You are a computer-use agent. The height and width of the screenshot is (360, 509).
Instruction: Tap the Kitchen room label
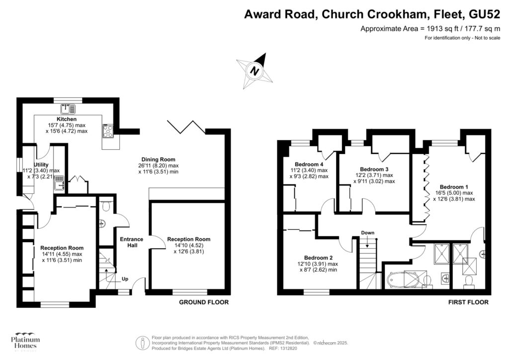click(x=67, y=119)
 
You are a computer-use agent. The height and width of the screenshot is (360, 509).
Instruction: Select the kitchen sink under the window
click(x=68, y=109)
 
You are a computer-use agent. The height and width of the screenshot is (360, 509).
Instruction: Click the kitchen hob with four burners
click(x=108, y=131)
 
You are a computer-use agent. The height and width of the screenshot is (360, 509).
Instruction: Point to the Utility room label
click(x=41, y=165)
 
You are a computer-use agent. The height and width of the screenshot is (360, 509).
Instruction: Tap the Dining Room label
click(x=159, y=160)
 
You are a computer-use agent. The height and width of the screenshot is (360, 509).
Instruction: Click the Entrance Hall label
click(x=131, y=242)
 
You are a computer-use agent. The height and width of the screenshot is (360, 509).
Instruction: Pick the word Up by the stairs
click(x=125, y=279)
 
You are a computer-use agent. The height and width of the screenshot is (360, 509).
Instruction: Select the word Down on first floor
click(x=368, y=233)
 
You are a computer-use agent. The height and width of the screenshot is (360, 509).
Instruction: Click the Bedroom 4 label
click(x=309, y=164)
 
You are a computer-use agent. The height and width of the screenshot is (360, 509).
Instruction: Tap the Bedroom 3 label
click(x=374, y=169)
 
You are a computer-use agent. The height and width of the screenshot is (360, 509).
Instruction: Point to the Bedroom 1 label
click(x=454, y=187)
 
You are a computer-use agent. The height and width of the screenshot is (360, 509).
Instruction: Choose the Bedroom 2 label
click(x=318, y=258)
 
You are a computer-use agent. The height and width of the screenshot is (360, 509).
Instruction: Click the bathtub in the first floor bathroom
click(x=402, y=280)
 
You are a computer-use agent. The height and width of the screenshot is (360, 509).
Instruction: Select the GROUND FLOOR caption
click(x=204, y=302)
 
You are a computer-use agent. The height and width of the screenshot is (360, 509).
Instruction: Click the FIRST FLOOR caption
click(x=468, y=302)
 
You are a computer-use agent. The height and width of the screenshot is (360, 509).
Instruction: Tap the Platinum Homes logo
click(x=25, y=342)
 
